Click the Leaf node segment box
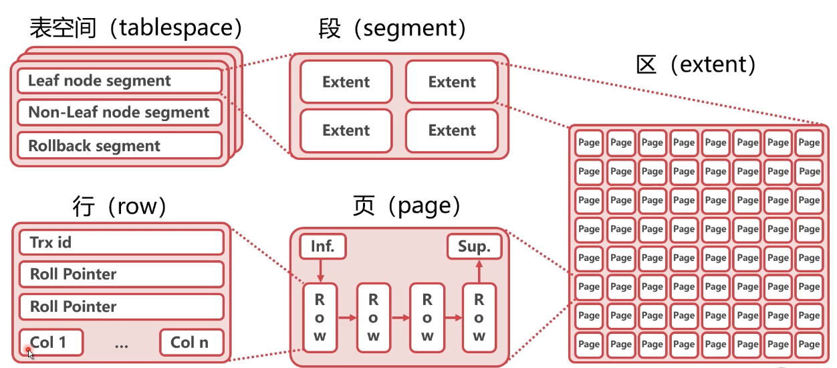(x=119, y=81)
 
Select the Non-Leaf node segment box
(x=119, y=112)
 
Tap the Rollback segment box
(x=119, y=146)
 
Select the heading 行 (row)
(x=119, y=207)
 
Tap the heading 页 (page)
(x=407, y=207)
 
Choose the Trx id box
(x=121, y=242)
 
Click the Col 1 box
(x=51, y=343)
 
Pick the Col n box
(x=191, y=343)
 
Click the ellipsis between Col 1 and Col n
(x=121, y=345)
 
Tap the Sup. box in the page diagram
(x=474, y=247)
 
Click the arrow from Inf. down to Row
(x=320, y=271)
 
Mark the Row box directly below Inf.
(x=320, y=317)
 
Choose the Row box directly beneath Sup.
(x=479, y=317)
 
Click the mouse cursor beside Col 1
(x=29, y=353)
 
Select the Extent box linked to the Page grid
(x=452, y=82)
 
